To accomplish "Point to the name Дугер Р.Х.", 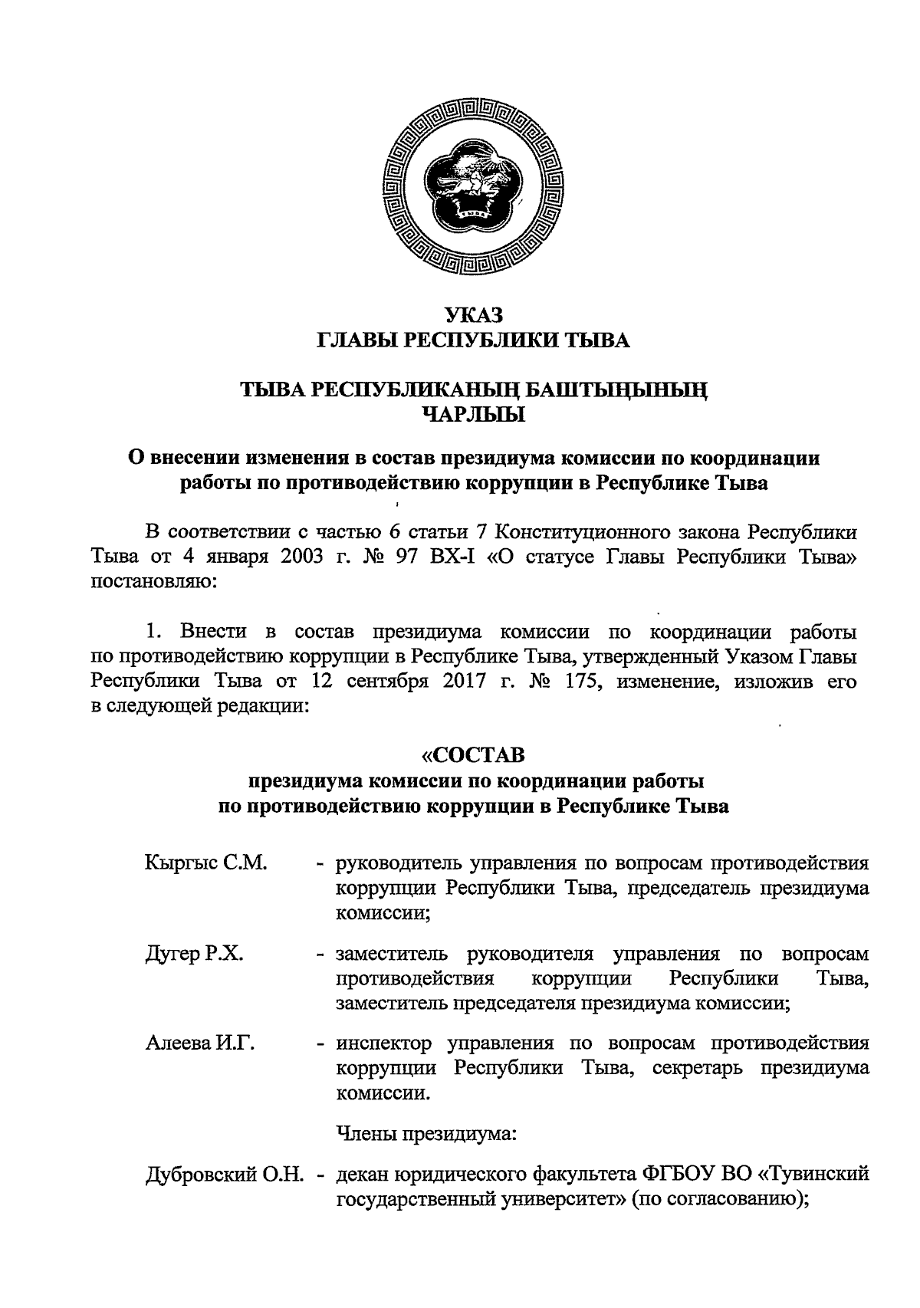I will click(x=194, y=955).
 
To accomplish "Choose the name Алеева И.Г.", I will click(x=200, y=1043).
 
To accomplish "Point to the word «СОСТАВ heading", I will click(x=474, y=756).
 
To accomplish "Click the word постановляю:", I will click(x=156, y=582).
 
